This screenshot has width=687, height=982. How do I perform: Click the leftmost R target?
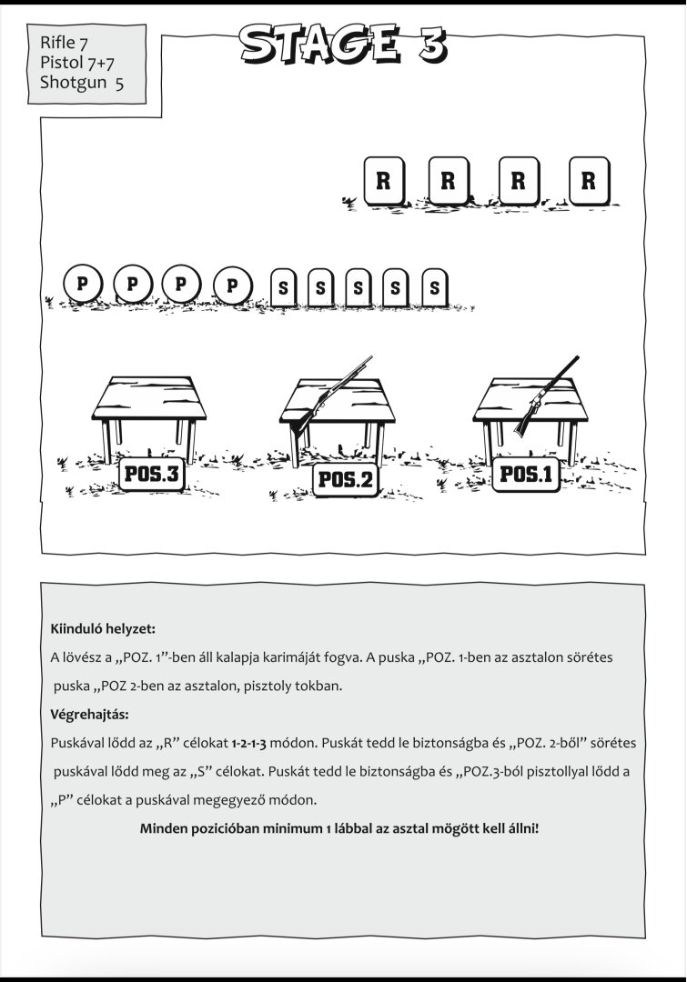click(x=384, y=181)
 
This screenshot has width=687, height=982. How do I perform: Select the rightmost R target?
click(x=589, y=181)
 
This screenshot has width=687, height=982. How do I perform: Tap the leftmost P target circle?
click(x=82, y=285)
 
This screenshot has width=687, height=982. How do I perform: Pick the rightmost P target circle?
click(x=233, y=286)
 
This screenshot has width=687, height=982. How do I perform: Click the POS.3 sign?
click(x=152, y=474)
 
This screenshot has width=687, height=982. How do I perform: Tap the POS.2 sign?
click(x=346, y=480)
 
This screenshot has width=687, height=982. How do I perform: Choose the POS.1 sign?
click(x=526, y=474)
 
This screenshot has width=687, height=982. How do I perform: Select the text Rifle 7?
click(x=64, y=43)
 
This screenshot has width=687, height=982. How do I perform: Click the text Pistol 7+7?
click(x=77, y=62)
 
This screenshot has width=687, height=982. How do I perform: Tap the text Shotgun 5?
click(x=82, y=82)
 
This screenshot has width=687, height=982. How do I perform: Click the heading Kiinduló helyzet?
click(x=103, y=629)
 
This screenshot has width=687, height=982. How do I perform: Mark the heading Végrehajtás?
click(x=89, y=715)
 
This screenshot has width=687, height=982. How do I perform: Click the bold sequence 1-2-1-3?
click(x=248, y=744)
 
